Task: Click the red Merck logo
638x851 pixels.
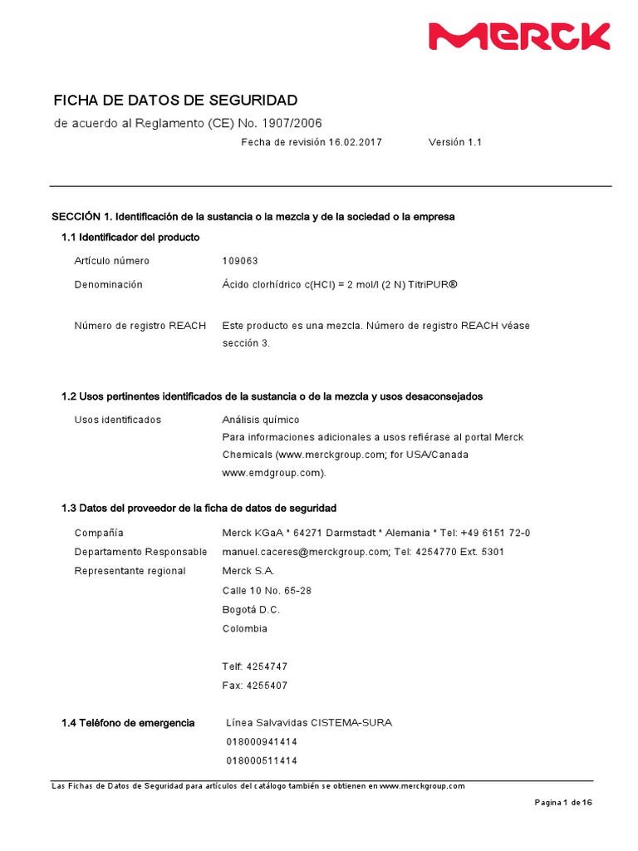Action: pos(518,37)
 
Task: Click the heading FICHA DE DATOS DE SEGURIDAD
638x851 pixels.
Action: pos(174,101)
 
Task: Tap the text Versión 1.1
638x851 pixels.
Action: pos(454,142)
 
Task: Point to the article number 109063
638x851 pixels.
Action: pos(240,261)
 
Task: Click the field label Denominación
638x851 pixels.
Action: pos(109,284)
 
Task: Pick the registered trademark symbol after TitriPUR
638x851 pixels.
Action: pos(453,284)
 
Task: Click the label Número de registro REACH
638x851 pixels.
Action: pos(140,325)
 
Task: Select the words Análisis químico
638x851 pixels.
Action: pos(261,420)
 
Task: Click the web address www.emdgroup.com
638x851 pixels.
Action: pos(272,472)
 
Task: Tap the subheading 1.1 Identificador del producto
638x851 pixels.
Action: pos(130,238)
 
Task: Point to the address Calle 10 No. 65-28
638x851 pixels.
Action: pos(267,591)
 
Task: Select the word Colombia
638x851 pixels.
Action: pos(245,628)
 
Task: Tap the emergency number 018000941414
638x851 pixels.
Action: pos(262,741)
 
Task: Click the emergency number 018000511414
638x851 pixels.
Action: pos(262,760)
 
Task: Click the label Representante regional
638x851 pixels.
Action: pos(130,571)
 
